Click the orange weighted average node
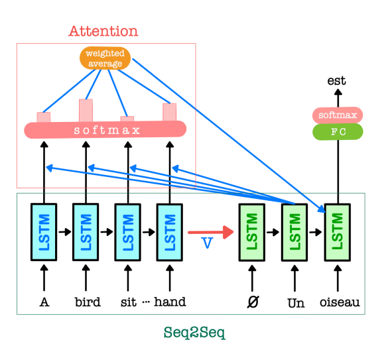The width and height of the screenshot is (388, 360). click(105, 58)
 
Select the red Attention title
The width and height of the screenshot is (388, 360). click(103, 31)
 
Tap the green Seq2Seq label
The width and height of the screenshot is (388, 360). click(194, 333)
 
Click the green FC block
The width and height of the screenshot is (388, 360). click(338, 132)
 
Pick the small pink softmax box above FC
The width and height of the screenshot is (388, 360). click(338, 115)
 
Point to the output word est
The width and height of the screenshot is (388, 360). click(336, 81)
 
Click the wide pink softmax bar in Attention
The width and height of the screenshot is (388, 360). click(105, 129)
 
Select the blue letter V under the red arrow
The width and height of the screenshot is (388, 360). click(207, 243)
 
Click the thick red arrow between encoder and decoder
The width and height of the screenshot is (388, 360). click(210, 232)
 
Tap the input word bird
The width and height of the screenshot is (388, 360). click(88, 302)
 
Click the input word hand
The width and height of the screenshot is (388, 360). click(170, 302)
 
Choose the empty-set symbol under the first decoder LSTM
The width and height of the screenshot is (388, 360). click(253, 302)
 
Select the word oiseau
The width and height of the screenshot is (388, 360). click(340, 302)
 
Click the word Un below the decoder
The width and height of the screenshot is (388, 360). click(296, 303)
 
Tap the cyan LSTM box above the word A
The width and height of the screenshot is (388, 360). click(44, 232)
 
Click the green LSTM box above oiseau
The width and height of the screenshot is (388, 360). click(338, 232)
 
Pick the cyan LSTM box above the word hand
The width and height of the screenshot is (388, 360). click(170, 232)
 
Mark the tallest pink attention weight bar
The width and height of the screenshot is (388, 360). click(86, 110)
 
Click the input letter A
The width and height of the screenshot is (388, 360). click(44, 302)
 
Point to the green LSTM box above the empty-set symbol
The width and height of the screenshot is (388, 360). click(252, 232)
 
